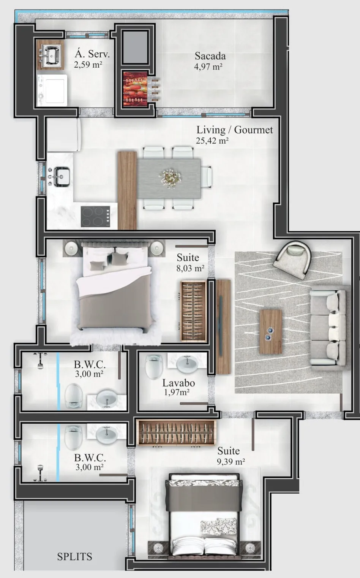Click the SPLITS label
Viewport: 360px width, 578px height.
pyautogui.click(x=74, y=557)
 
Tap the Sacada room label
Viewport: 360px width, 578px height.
pyautogui.click(x=210, y=56)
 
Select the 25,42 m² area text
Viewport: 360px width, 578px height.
pyautogui.click(x=212, y=141)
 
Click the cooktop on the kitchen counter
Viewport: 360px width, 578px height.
pyautogui.click(x=95, y=216)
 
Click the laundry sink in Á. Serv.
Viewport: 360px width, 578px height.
pyautogui.click(x=50, y=54)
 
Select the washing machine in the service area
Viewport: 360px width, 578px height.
pyautogui.click(x=52, y=90)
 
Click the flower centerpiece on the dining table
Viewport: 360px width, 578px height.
pyautogui.click(x=170, y=178)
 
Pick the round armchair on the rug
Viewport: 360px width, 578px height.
pyautogui.click(x=293, y=260)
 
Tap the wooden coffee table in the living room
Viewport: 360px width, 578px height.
pyautogui.click(x=270, y=332)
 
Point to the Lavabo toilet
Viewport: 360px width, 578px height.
pyautogui.click(x=154, y=367)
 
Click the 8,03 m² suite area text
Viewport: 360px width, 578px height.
pyautogui.click(x=190, y=268)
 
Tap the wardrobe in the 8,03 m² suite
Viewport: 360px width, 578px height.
pyautogui.click(x=194, y=311)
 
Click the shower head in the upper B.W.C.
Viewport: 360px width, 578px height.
pyautogui.click(x=40, y=361)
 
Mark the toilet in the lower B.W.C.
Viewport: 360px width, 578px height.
pyautogui.click(x=74, y=437)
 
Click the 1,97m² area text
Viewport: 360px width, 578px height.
pyautogui.click(x=177, y=393)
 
